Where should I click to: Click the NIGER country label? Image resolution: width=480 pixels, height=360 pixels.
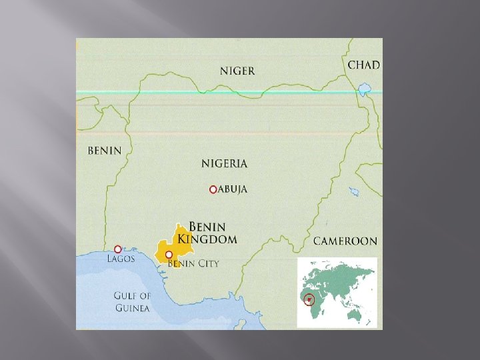click(237, 71)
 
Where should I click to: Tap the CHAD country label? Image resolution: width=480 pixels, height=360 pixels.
click(364, 65)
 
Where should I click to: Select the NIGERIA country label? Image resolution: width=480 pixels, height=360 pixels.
click(224, 163)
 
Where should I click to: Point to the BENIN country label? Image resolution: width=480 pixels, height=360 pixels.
click(105, 150)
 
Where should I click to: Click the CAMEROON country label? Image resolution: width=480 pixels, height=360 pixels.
click(345, 241)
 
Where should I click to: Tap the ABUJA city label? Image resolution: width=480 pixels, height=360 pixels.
click(233, 189)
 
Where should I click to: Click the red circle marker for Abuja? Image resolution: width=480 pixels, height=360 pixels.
click(213, 189)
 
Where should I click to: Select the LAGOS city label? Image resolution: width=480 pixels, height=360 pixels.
click(121, 259)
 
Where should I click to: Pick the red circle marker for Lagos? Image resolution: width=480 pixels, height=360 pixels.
click(118, 249)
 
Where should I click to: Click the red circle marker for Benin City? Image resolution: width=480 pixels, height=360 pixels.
click(169, 255)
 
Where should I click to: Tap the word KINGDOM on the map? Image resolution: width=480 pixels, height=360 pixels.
click(213, 239)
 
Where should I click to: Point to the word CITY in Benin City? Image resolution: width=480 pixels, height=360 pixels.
click(207, 263)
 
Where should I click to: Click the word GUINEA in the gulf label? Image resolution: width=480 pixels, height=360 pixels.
click(133, 308)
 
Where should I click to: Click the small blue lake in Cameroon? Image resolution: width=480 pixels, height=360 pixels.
click(353, 192)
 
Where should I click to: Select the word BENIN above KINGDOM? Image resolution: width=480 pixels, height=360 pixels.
click(208, 227)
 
